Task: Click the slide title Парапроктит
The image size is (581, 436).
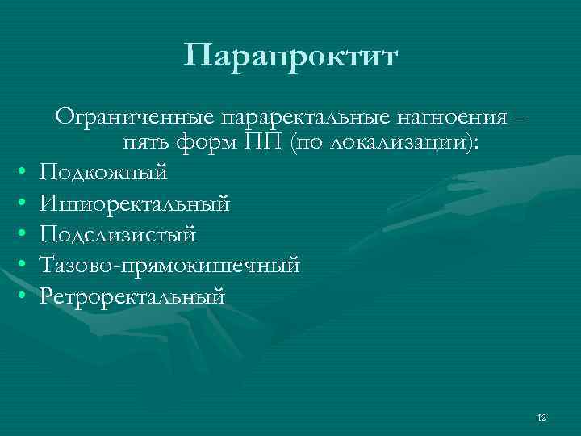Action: click(x=290, y=57)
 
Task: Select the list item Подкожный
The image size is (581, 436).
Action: click(x=103, y=172)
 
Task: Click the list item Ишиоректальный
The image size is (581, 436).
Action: click(x=134, y=203)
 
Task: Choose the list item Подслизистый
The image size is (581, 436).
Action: click(x=117, y=234)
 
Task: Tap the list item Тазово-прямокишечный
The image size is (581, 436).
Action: click(x=169, y=265)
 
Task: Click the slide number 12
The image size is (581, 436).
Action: click(x=541, y=417)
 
